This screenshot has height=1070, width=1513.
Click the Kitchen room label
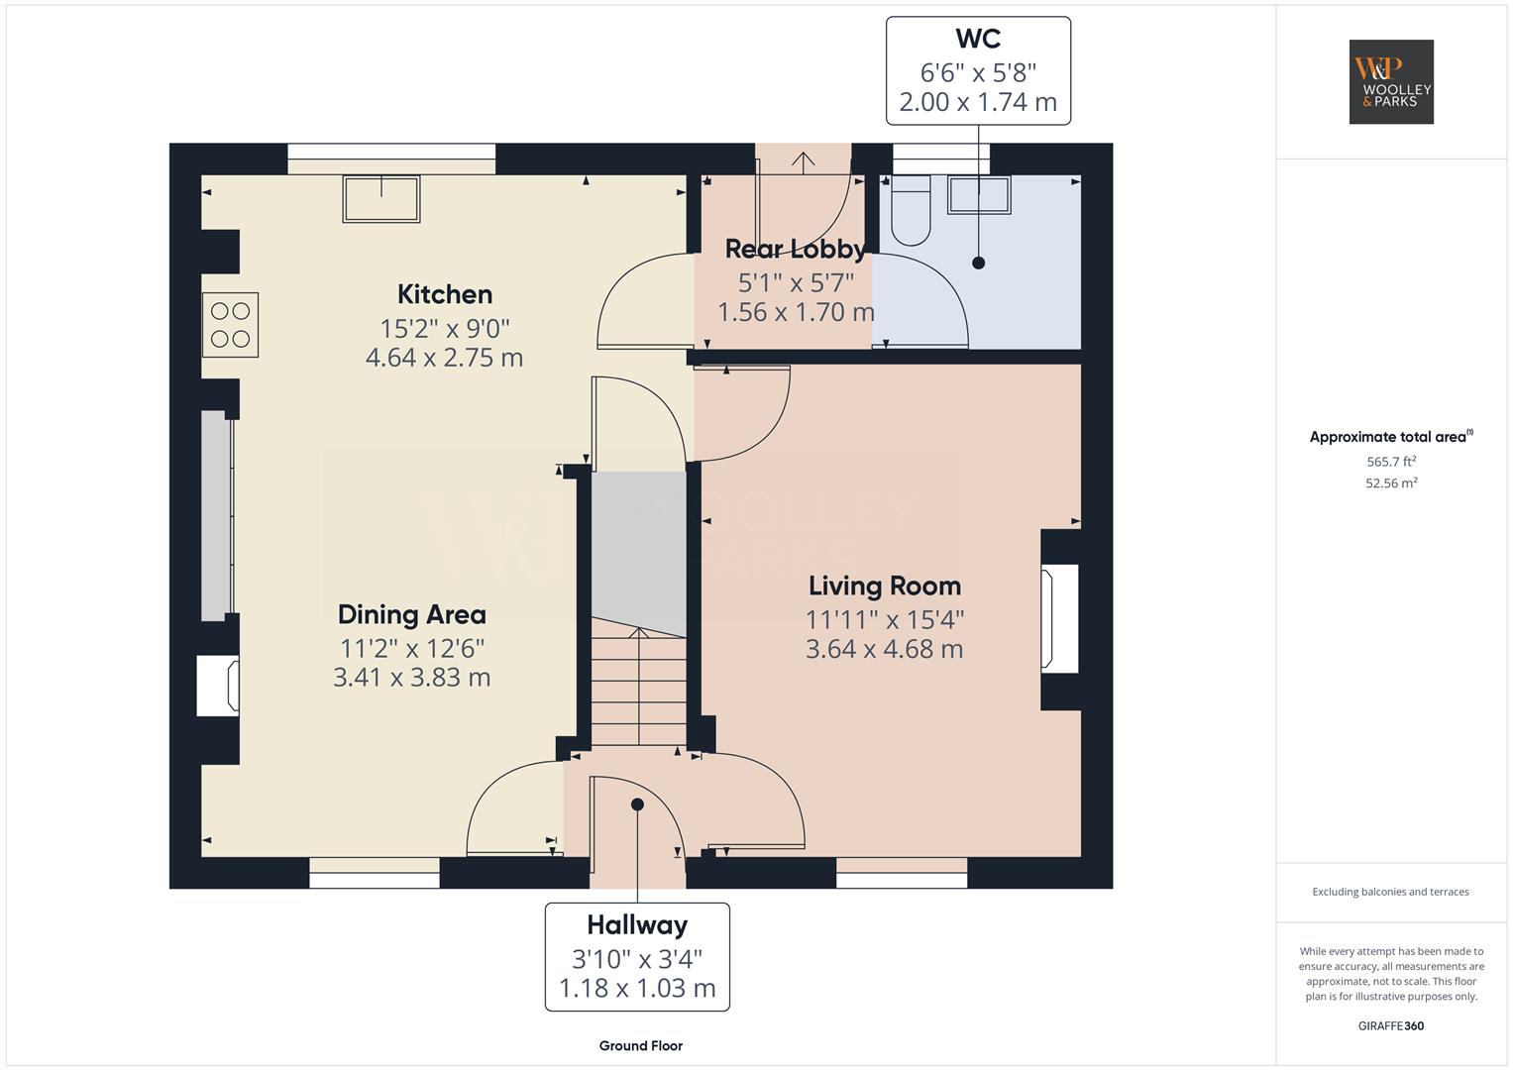[445, 294]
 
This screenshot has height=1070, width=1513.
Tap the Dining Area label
[412, 614]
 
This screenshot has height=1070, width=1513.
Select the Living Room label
[885, 586]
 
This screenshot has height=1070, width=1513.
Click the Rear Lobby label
[795, 250]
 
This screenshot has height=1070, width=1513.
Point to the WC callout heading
[978, 39]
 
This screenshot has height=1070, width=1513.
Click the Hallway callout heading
[637, 924]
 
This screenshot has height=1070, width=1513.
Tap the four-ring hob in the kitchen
[230, 325]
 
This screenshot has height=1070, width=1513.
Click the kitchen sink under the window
[381, 198]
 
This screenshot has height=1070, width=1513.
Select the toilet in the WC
[911, 210]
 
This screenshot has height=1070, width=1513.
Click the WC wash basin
[979, 194]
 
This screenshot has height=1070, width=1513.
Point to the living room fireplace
[1058, 619]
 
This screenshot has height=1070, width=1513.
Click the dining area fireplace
[218, 685]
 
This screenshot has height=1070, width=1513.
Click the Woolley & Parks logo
[1391, 81]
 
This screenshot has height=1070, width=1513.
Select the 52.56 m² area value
[1391, 483]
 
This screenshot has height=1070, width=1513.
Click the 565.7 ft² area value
[1391, 462]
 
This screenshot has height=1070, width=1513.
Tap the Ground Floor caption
[641, 1045]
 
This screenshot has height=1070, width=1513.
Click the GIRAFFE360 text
[1391, 1025]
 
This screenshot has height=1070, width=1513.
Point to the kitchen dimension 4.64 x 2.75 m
[445, 358]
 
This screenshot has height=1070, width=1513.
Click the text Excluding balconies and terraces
[1391, 892]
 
